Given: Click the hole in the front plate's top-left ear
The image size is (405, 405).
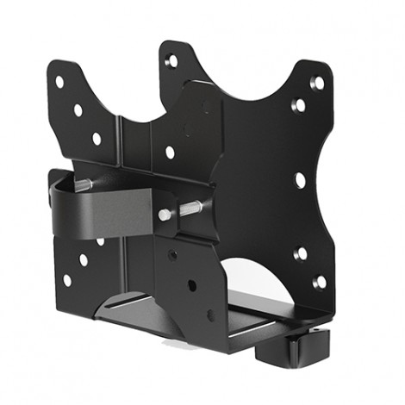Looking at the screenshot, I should (x=171, y=61).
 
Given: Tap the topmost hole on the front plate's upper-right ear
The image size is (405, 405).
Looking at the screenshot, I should (x=317, y=84).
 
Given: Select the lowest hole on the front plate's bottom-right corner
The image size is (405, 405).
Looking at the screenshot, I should (x=319, y=282).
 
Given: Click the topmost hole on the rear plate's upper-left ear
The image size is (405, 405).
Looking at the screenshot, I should (x=59, y=82).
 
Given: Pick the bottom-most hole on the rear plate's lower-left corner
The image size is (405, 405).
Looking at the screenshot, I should (x=66, y=280).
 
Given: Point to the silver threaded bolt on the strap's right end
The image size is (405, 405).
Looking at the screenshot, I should (x=190, y=209).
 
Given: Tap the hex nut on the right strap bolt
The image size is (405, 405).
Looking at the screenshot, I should (x=165, y=215).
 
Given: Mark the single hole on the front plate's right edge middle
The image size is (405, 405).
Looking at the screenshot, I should (x=300, y=179).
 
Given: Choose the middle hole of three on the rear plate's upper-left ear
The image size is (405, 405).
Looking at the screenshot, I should (x=78, y=110).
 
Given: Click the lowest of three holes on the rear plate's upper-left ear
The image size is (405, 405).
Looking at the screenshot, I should (x=97, y=138).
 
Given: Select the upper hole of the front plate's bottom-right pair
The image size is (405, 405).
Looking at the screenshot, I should (x=301, y=253).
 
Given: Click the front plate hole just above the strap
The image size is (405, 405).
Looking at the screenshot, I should (x=170, y=152).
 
